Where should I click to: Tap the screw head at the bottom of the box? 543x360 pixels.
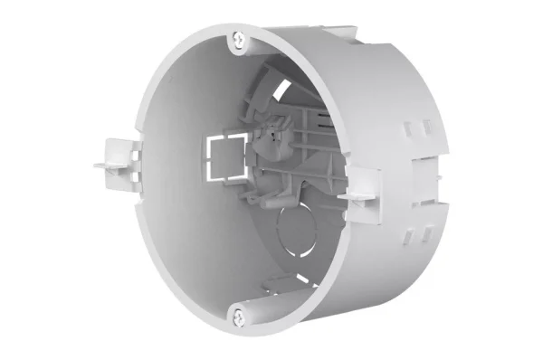pos(238,316)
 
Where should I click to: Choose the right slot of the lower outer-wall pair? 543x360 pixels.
pos(422,231)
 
